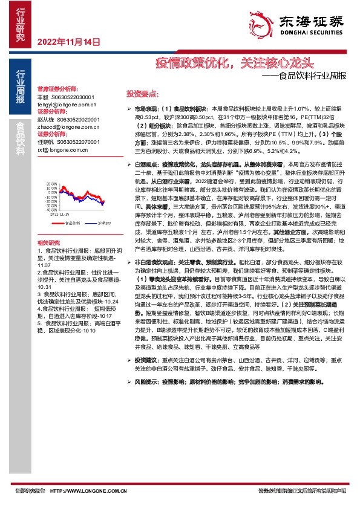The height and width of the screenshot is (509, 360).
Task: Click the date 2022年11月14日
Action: point(67,42)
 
